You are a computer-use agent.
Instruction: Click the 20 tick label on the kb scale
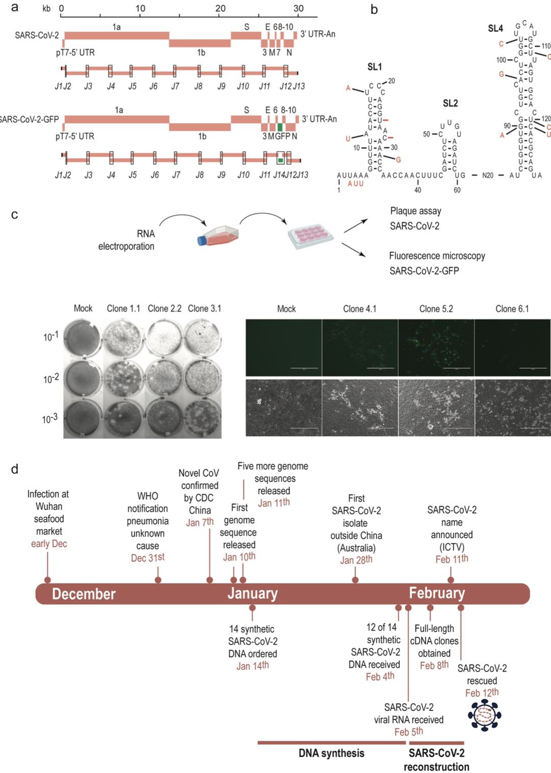click(x=220, y=8)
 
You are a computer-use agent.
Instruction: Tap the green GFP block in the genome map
click(x=280, y=127)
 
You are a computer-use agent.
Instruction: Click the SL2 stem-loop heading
click(x=450, y=103)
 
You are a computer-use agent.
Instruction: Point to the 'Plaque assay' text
click(x=415, y=211)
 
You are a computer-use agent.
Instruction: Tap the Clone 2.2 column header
click(x=164, y=308)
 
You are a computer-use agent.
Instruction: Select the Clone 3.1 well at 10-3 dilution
click(x=203, y=418)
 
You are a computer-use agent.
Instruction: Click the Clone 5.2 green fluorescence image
click(x=436, y=348)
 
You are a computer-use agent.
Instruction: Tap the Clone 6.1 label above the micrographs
click(x=512, y=309)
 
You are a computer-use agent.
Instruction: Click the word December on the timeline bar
click(x=84, y=594)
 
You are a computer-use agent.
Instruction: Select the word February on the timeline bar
click(x=437, y=593)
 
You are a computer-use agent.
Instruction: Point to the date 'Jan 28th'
click(x=356, y=560)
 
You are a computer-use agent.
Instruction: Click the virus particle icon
click(x=484, y=715)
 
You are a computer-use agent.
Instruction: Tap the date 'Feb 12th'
click(x=482, y=693)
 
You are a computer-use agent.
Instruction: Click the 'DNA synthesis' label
click(x=331, y=753)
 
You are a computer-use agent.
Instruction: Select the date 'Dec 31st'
click(x=147, y=558)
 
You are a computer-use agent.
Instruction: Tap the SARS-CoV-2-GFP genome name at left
click(x=30, y=119)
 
